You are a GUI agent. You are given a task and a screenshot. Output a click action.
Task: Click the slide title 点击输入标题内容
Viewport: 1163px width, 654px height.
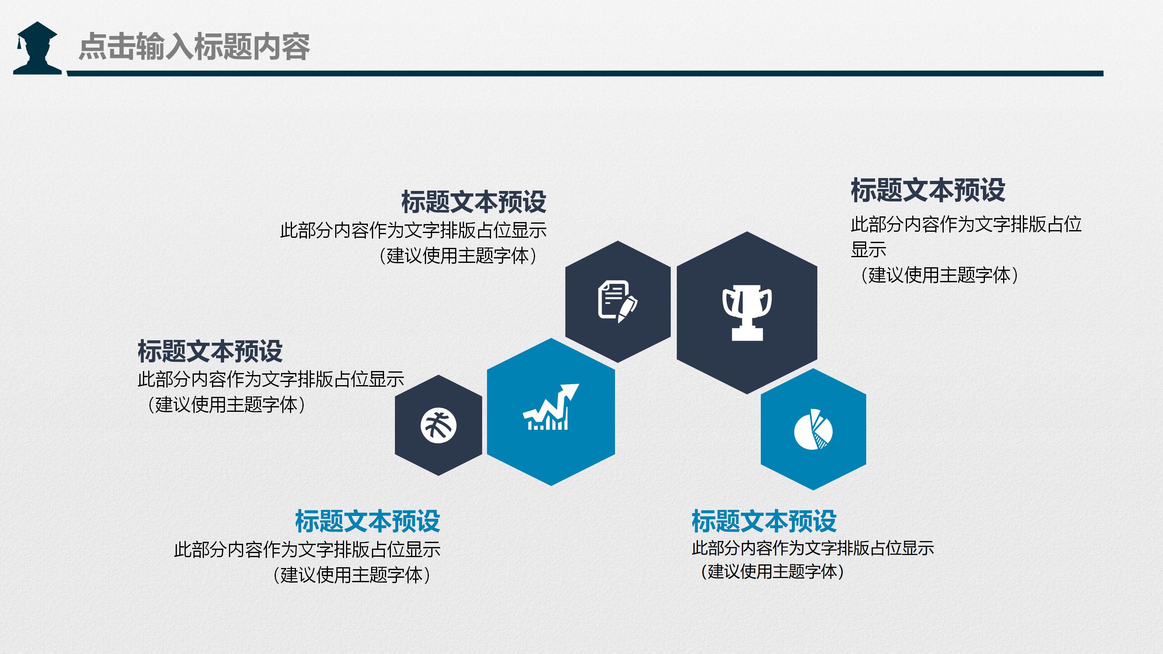click(x=194, y=46)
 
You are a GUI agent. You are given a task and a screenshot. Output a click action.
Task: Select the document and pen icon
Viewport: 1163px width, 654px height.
click(x=617, y=302)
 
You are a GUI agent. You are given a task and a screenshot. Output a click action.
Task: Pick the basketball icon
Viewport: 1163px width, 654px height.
click(x=439, y=426)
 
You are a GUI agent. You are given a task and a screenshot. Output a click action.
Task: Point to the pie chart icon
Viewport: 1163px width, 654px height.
click(x=813, y=430)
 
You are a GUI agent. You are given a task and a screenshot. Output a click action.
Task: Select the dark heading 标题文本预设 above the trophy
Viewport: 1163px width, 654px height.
click(x=928, y=190)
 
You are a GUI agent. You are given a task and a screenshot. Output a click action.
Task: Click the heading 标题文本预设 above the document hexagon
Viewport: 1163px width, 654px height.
click(x=474, y=202)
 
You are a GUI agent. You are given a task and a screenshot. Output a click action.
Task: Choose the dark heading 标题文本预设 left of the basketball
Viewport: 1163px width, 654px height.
click(x=210, y=351)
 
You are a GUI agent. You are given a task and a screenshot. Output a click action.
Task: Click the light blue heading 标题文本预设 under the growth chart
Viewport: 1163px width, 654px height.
click(x=367, y=521)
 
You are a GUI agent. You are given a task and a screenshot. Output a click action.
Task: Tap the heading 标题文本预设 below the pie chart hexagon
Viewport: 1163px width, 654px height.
click(x=764, y=521)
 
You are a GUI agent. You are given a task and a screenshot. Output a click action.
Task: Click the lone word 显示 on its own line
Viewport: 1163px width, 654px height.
click(x=868, y=249)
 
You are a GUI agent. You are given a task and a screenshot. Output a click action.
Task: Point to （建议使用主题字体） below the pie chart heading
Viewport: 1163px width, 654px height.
click(x=772, y=572)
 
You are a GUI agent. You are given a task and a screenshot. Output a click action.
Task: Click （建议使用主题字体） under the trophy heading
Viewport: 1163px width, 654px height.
click(x=939, y=275)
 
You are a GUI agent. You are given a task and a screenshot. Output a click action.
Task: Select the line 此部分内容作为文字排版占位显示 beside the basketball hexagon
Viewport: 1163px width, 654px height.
click(x=271, y=379)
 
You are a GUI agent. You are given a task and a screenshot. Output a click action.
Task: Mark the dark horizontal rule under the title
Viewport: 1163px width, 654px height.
click(x=585, y=73)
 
